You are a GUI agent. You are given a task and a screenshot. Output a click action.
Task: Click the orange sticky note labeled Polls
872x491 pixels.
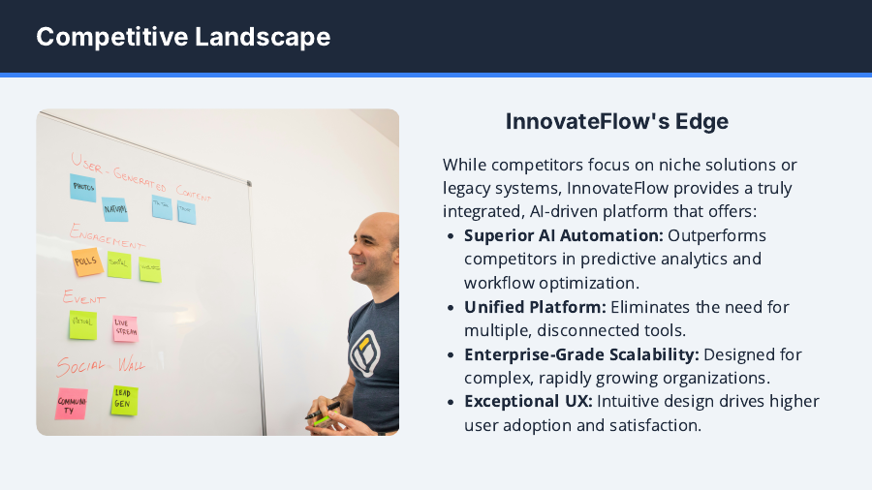[x=86, y=261]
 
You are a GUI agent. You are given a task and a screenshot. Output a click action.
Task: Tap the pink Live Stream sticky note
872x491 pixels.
[x=124, y=328]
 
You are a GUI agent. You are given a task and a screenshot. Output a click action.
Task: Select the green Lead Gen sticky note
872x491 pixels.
[x=124, y=400]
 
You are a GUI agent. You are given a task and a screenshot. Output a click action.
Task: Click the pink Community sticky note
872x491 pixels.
[x=72, y=403]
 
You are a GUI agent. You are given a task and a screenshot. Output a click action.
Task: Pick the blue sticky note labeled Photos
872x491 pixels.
[x=83, y=188]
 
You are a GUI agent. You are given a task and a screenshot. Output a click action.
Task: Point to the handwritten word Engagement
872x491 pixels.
[x=107, y=236]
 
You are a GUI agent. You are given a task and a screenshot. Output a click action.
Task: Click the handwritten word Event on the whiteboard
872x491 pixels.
[x=83, y=297]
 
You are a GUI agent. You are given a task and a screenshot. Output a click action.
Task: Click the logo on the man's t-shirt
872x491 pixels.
[x=364, y=353]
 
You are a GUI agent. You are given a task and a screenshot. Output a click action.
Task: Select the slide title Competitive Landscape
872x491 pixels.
[x=183, y=37]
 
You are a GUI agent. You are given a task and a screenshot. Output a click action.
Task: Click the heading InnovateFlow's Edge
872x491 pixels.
[x=616, y=122]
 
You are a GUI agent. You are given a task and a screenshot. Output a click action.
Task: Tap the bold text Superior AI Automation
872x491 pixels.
[x=564, y=235]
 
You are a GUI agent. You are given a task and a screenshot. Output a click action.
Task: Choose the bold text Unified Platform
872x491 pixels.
[x=535, y=307]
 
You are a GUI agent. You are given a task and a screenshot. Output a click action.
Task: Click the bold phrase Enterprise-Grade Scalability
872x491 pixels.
[x=581, y=354]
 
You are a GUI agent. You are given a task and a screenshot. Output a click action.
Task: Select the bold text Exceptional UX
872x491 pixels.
[x=528, y=401]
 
